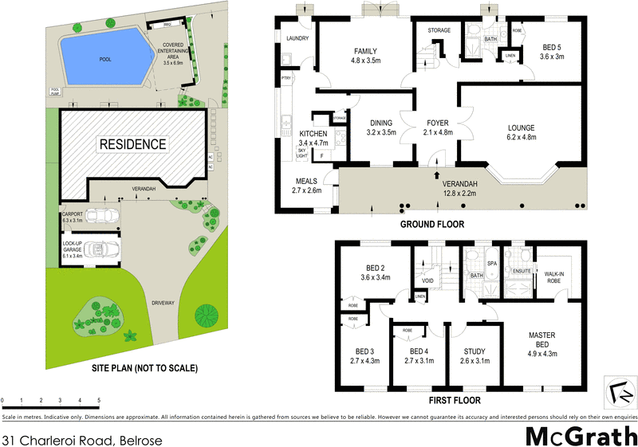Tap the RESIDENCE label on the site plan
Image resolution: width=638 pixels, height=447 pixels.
coord(132,144)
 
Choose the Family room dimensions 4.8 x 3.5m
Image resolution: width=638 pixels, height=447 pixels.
coord(366,61)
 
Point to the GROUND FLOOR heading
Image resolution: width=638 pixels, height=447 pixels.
coord(432,225)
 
